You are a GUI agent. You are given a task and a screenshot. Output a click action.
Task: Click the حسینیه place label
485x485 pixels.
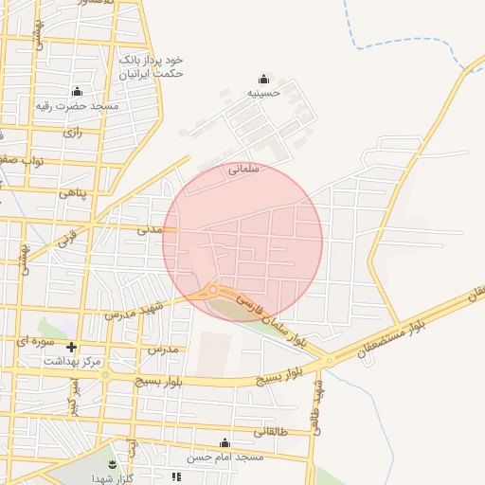[264, 93]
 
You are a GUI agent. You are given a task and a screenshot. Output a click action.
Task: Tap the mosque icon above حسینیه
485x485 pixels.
[263, 79]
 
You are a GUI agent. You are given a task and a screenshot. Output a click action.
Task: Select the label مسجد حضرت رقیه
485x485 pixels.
[78, 105]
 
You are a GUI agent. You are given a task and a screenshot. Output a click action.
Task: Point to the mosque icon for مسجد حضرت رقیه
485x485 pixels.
[77, 91]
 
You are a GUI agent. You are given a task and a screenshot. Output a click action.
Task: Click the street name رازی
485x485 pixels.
[73, 133]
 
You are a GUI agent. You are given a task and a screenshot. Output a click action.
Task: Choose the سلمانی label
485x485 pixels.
[243, 171]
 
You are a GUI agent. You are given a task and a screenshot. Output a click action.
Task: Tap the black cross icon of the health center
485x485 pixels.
[71, 348]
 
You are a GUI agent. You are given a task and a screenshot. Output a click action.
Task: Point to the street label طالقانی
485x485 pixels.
[276, 432]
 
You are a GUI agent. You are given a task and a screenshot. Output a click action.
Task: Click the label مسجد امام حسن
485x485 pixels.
[225, 458]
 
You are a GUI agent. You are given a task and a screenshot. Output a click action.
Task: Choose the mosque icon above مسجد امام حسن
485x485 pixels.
[225, 443]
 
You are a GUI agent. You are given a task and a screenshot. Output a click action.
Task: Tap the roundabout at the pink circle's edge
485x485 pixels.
[214, 290]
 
